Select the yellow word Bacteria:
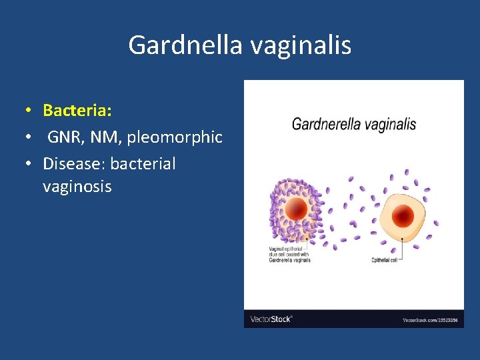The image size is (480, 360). (x=77, y=109)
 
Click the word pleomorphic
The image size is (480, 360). (x=175, y=137)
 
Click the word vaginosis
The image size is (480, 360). (x=77, y=187)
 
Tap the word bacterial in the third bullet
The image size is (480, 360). (x=143, y=164)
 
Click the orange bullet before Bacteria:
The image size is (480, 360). (x=29, y=110)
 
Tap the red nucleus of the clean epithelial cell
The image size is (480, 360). (x=403, y=215)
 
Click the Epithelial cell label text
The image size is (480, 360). (x=385, y=260)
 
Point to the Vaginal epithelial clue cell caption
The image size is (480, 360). (x=289, y=254)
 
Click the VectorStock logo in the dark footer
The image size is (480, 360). (x=271, y=319)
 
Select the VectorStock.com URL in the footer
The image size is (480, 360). (x=430, y=320)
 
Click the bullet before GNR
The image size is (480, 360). (x=29, y=138)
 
